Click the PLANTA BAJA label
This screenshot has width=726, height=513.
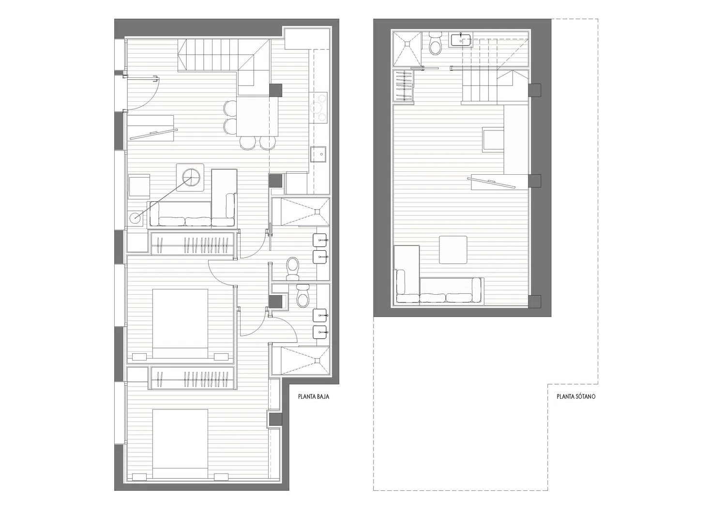tap(314, 396)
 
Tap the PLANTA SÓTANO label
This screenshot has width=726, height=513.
tap(576, 396)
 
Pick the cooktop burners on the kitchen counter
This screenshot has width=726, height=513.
tap(318, 107)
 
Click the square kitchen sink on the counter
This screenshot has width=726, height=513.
tap(318, 154)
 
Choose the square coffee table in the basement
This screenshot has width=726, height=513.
tap(453, 250)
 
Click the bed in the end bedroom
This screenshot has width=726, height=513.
tap(180, 444)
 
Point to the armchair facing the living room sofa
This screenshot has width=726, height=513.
tap(139, 186)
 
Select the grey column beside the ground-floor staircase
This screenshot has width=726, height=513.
tap(276, 90)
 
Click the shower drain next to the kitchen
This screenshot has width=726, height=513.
tap(318, 211)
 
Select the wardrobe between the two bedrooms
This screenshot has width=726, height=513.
tap(193, 378)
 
